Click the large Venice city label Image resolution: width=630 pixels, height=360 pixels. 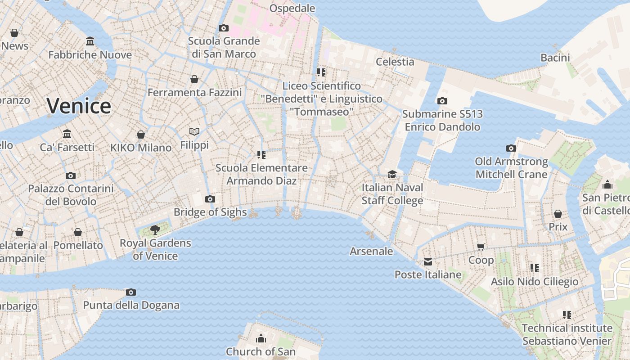click(x=79, y=106)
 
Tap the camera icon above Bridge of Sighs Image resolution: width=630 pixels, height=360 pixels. click(x=210, y=199)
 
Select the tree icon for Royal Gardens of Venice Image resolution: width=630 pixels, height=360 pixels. click(x=155, y=230)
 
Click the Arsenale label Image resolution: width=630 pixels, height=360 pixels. click(x=371, y=251)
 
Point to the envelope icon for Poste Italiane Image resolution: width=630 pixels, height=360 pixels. click(x=427, y=262)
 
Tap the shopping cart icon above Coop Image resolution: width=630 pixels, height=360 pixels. click(x=481, y=247)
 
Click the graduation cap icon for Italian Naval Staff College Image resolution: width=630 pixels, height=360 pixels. click(x=392, y=174)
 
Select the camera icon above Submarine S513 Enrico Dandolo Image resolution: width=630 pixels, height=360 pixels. click(x=442, y=101)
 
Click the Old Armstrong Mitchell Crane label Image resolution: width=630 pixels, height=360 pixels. click(x=511, y=168)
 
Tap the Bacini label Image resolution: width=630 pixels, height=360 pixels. click(x=555, y=58)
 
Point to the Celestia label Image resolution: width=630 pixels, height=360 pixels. click(x=395, y=62)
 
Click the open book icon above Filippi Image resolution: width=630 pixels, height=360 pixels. click(x=194, y=131)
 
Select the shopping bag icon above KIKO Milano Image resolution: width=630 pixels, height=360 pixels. click(x=141, y=135)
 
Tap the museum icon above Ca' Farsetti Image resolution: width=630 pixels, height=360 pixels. click(x=67, y=134)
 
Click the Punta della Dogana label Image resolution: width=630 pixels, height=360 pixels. click(x=131, y=305)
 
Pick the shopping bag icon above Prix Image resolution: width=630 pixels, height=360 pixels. click(x=558, y=214)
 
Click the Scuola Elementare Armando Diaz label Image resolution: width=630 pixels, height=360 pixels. click(x=261, y=174)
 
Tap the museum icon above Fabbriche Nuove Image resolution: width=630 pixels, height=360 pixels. click(x=90, y=41)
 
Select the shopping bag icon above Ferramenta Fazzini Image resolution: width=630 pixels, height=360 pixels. click(x=194, y=79)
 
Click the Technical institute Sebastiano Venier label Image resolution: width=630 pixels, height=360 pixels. click(x=567, y=334)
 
